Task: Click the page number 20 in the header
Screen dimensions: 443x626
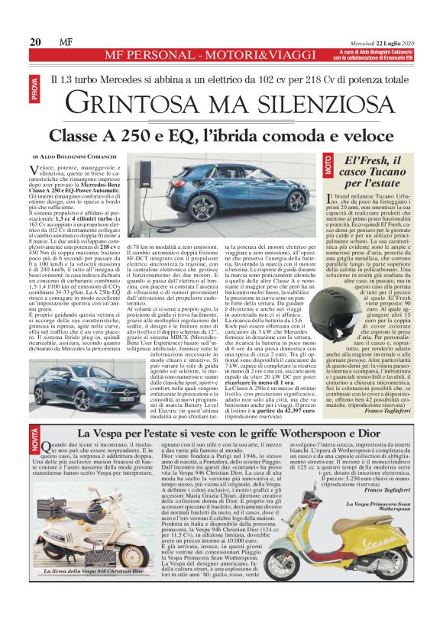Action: (x=35, y=41)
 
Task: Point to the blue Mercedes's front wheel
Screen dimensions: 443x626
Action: (x=295, y=202)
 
